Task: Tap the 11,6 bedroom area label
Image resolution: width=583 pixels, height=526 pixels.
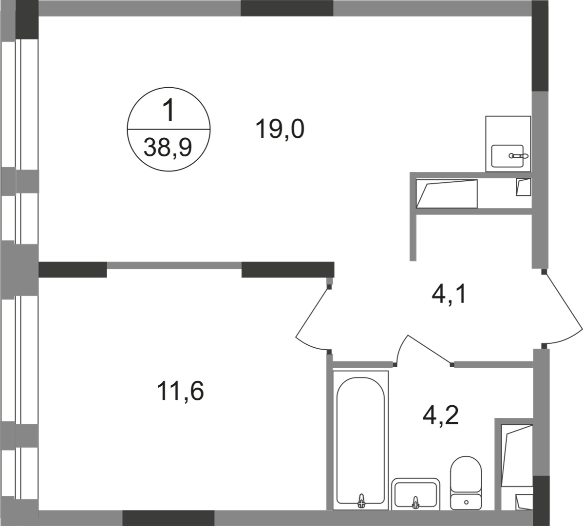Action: click(180, 391)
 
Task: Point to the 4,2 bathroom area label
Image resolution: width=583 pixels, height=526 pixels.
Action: click(441, 415)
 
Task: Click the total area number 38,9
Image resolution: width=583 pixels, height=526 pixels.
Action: click(168, 147)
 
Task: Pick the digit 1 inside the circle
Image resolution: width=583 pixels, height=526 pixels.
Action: click(169, 111)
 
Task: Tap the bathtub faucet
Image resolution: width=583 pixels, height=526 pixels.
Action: click(360, 501)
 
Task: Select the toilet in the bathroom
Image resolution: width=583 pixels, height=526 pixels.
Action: click(466, 483)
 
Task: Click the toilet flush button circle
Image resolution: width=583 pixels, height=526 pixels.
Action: click(466, 502)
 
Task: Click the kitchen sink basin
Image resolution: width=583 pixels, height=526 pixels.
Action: click(508, 156)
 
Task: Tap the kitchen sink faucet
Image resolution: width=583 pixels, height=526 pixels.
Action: click(519, 156)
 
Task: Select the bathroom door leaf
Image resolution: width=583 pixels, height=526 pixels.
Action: click(430, 349)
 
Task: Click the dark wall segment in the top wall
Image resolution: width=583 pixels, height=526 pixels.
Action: click(287, 8)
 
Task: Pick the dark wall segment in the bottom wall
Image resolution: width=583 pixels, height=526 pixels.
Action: click(169, 518)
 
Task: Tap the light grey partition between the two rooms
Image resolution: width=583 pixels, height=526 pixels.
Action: click(174, 265)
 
